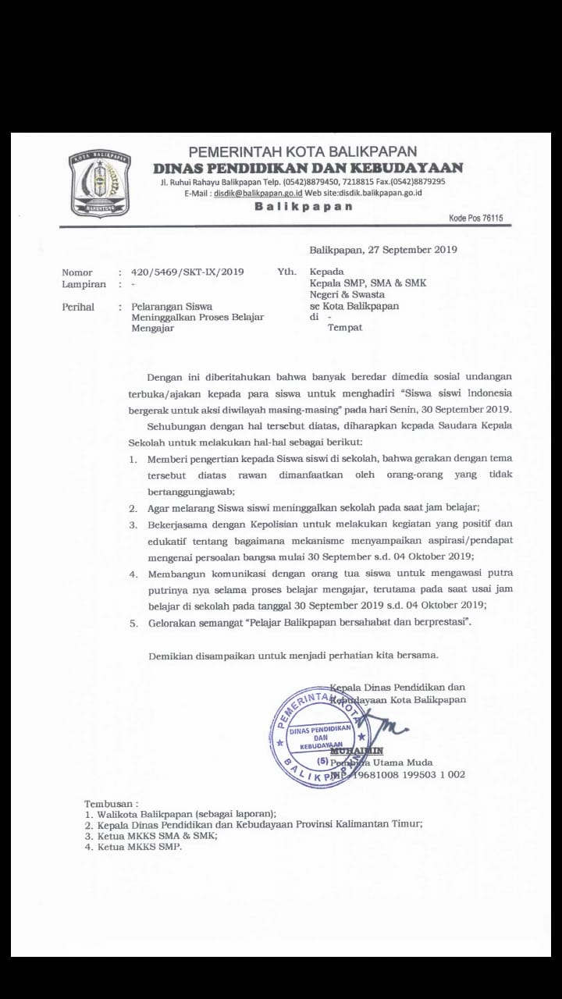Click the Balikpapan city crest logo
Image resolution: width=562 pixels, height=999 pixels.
99,184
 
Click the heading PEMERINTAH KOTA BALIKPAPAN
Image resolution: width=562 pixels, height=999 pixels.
303,151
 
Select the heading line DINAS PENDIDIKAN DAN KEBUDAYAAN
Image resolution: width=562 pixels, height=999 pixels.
308,168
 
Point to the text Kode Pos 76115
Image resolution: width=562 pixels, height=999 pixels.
475,219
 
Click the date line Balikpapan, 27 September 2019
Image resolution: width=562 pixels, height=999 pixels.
383,250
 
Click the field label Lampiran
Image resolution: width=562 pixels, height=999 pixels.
84,285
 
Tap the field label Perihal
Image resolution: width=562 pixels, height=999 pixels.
78,307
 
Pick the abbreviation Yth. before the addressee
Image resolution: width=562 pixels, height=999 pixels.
286,272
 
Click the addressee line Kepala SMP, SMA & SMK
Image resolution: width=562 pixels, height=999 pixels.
368,283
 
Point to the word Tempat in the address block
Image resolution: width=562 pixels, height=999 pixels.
345,328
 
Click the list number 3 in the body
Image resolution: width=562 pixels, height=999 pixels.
133,524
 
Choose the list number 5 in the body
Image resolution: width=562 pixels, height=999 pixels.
133,623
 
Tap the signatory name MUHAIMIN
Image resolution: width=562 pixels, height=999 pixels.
356,751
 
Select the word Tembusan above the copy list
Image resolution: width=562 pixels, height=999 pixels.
111,803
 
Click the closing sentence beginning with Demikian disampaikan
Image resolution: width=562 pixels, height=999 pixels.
293,655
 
